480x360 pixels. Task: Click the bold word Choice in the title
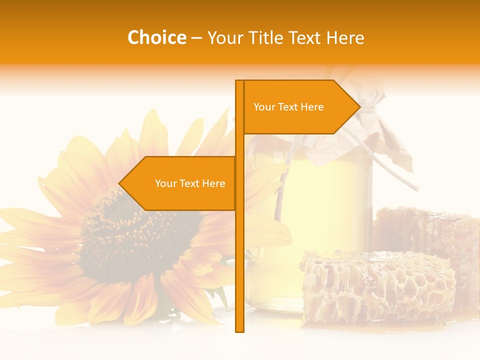[156, 37]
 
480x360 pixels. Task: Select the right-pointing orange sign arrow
[300, 107]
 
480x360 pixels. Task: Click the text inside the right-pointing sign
[288, 107]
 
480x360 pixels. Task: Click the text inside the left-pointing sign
[190, 183]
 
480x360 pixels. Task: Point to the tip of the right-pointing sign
[359, 107]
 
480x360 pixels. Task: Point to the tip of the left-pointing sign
[119, 183]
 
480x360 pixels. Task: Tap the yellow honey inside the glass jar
[320, 200]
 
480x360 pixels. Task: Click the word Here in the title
[345, 37]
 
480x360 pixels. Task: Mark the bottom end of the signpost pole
[239, 330]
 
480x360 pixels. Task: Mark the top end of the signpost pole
[239, 81]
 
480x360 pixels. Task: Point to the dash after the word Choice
[196, 38]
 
